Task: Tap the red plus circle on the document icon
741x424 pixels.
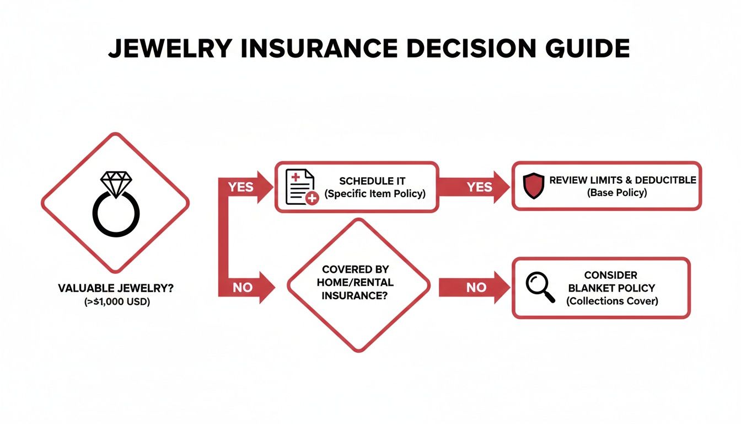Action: pos(312,198)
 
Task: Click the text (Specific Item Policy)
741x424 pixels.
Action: pos(375,194)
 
